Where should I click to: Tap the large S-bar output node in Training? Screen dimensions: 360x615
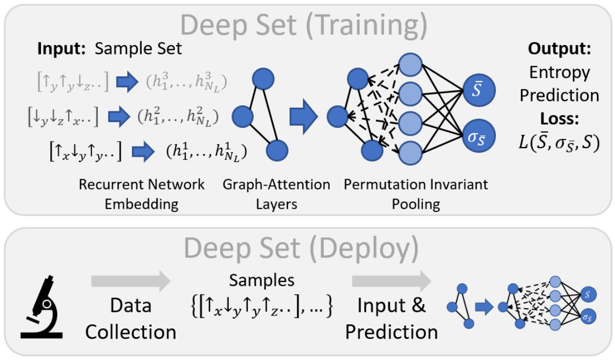tap(480, 91)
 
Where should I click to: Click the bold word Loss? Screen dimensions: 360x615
tap(559, 119)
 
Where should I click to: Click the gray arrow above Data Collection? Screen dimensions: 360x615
tap(130, 282)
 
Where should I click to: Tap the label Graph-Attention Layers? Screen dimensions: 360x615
tap(276, 194)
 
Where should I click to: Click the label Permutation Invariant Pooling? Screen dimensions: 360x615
tap(416, 194)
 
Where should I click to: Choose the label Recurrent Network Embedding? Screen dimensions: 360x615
tap(142, 194)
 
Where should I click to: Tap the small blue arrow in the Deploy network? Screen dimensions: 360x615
tap(482, 307)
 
